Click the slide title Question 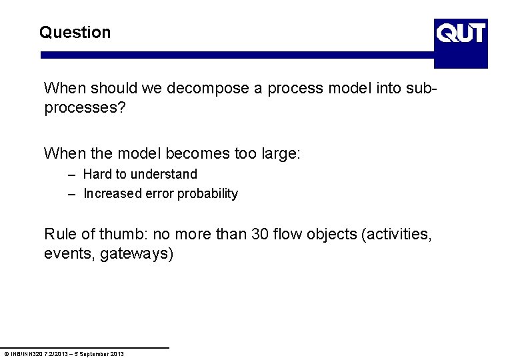(x=75, y=33)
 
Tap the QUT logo (x=461, y=43)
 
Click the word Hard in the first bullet (x=97, y=174)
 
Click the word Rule (x=59, y=234)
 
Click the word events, (x=69, y=254)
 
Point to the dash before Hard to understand (x=71, y=175)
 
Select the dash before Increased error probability (x=71, y=194)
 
